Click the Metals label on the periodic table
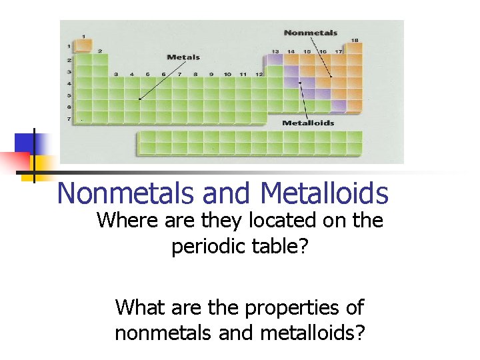(x=183, y=57)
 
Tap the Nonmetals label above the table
(x=310, y=33)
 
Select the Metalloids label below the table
(x=308, y=123)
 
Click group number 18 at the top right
(x=355, y=40)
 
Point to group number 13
(x=275, y=51)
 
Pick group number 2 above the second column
(x=99, y=51)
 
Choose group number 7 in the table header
(x=179, y=74)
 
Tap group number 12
(x=259, y=74)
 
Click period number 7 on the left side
(x=68, y=119)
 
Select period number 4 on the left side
(x=68, y=83)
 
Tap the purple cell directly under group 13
(x=275, y=60)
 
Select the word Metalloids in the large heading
(x=325, y=193)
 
